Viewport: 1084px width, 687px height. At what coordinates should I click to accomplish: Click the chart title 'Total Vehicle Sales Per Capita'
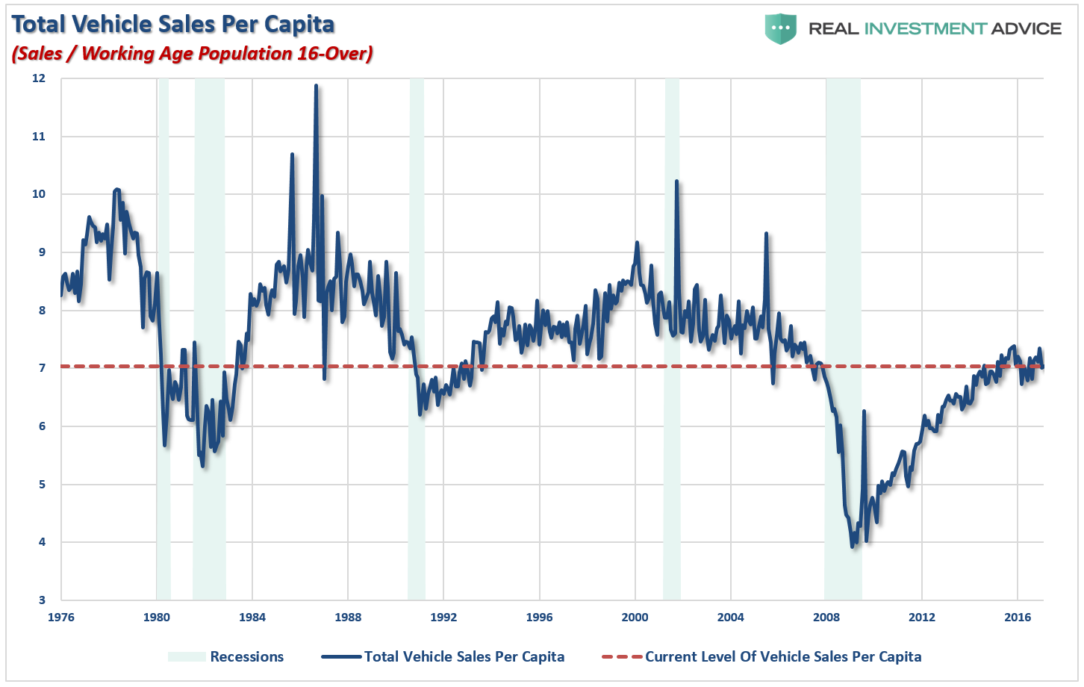[x=173, y=25]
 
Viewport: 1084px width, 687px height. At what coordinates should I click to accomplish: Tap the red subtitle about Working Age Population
[x=192, y=54]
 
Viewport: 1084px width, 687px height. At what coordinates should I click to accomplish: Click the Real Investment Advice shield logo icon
[x=780, y=28]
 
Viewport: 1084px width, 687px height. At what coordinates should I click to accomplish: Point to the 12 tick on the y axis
[x=39, y=78]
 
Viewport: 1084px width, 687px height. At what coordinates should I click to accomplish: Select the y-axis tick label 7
[x=42, y=368]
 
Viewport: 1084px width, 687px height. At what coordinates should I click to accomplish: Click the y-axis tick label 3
[x=42, y=600]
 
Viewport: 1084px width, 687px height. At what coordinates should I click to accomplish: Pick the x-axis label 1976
[x=60, y=618]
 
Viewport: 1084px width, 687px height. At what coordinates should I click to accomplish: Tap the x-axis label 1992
[x=443, y=618]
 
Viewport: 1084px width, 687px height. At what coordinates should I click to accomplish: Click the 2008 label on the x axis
[x=826, y=618]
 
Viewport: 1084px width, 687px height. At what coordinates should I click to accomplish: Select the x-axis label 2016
[x=1018, y=618]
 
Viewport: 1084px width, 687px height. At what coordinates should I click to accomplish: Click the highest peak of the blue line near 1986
[x=316, y=87]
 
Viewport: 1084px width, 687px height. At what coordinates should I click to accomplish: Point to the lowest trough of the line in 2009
[x=853, y=547]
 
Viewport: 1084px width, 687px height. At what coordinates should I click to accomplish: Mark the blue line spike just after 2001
[x=676, y=181]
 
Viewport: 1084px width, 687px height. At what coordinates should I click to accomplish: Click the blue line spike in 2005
[x=766, y=234]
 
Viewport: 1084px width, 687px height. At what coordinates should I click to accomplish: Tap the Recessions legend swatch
[x=186, y=657]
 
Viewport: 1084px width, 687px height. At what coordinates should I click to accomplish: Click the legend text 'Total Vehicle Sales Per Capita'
[x=464, y=657]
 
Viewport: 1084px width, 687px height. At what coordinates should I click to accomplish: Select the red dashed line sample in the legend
[x=621, y=657]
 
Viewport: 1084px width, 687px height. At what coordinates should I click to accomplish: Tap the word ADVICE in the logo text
[x=1027, y=28]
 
